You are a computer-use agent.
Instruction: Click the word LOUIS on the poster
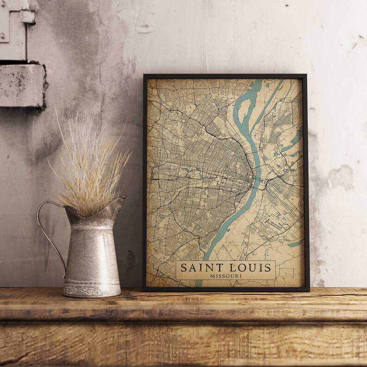point(248,268)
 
